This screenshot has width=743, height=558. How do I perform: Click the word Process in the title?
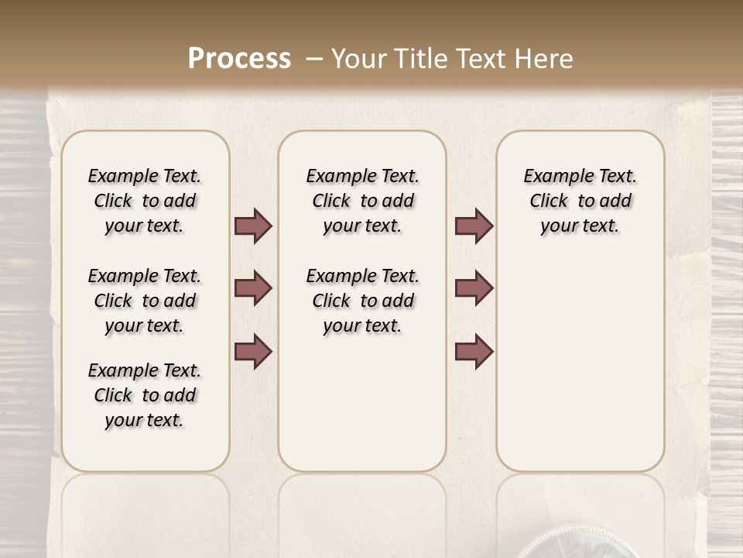pos(239,59)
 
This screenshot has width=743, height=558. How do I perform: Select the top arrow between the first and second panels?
pos(253,226)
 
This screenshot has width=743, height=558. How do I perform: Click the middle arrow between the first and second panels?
pos(253,288)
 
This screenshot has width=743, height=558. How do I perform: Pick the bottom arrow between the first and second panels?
pos(253,351)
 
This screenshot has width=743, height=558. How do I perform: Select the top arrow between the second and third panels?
pos(474,226)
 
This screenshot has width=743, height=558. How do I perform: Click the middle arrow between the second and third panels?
pos(474,288)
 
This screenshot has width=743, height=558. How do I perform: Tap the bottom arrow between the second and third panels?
pos(474,351)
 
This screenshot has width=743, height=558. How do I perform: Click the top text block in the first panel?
pos(145,201)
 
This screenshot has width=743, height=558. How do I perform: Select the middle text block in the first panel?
pos(145,301)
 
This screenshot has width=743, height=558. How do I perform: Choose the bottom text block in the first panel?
pos(145,395)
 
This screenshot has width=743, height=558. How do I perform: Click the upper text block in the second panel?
pos(362,201)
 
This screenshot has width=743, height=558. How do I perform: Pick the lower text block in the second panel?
pos(362,301)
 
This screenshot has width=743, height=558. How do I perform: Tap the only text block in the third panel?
pos(580,201)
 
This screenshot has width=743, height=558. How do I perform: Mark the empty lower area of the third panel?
pos(580,356)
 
